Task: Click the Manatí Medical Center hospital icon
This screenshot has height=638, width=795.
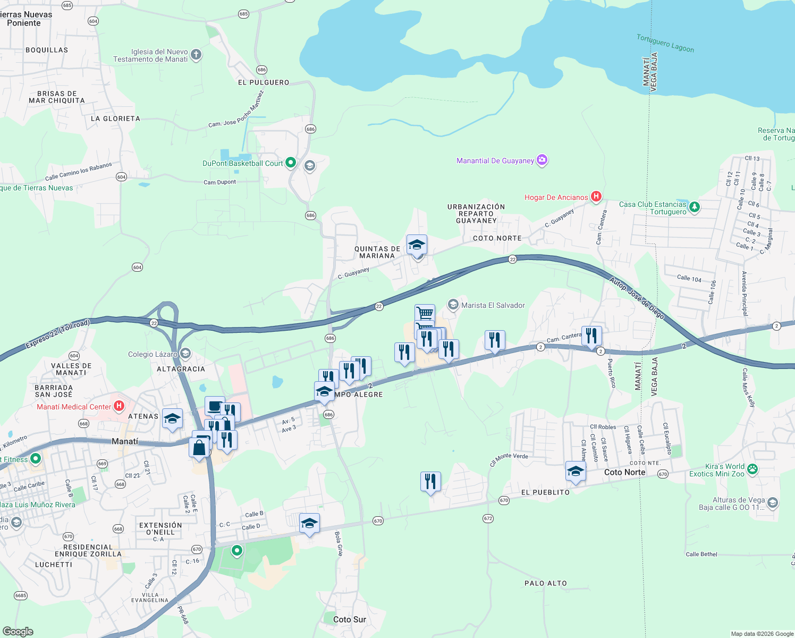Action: [x=119, y=406]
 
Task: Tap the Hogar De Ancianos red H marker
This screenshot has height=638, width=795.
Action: [x=596, y=197]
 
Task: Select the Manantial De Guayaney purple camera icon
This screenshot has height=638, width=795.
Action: [x=542, y=160]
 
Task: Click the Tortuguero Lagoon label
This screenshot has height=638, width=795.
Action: [x=665, y=44]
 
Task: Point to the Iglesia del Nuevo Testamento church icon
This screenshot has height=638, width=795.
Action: [x=196, y=55]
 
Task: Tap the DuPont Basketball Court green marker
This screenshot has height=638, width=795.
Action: [x=291, y=163]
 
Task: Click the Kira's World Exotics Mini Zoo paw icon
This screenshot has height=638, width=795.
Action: [x=752, y=469]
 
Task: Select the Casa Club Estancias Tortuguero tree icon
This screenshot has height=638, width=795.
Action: [x=695, y=207]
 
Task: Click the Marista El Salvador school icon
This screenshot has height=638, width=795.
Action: [x=453, y=305]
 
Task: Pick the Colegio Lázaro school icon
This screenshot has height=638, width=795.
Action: [x=185, y=354]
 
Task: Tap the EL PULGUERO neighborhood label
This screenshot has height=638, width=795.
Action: [x=264, y=82]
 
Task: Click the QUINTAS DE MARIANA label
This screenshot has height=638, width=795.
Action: [x=377, y=252]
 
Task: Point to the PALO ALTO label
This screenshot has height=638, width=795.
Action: [x=545, y=583]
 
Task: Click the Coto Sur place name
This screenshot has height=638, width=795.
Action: [x=349, y=619]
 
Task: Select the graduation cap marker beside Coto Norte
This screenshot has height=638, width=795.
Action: [x=576, y=472]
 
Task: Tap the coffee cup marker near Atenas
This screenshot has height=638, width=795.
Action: [x=215, y=407]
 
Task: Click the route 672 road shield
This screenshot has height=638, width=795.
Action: [x=488, y=518]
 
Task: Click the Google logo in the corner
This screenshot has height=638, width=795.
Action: [x=18, y=632]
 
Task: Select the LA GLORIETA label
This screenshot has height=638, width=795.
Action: [x=115, y=119]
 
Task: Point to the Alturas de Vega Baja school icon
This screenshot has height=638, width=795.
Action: [x=773, y=502]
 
